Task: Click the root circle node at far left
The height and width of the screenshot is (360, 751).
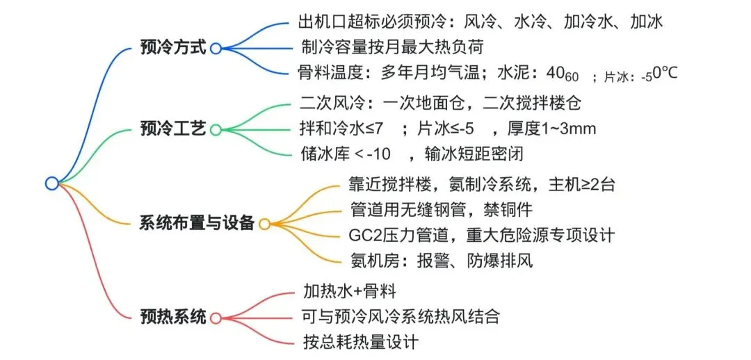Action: click(51, 183)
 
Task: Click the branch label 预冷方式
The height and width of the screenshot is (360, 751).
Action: click(173, 49)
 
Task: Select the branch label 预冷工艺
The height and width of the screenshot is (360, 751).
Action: click(173, 129)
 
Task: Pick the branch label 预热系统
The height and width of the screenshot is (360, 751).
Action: click(173, 318)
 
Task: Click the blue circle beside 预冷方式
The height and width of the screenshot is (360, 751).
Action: click(216, 49)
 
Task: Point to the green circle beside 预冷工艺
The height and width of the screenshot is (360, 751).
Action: click(216, 130)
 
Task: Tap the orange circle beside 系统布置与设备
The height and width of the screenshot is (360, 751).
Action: click(264, 224)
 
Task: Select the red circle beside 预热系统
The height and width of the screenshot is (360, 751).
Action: click(216, 318)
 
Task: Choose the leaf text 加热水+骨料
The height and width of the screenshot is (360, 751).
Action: click(350, 291)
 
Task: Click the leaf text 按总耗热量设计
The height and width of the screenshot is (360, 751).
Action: click(361, 342)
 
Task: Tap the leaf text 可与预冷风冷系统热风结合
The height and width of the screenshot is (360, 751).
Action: click(401, 316)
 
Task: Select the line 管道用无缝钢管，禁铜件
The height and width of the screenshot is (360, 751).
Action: click(442, 209)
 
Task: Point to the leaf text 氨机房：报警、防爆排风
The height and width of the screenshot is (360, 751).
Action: click(442, 261)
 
